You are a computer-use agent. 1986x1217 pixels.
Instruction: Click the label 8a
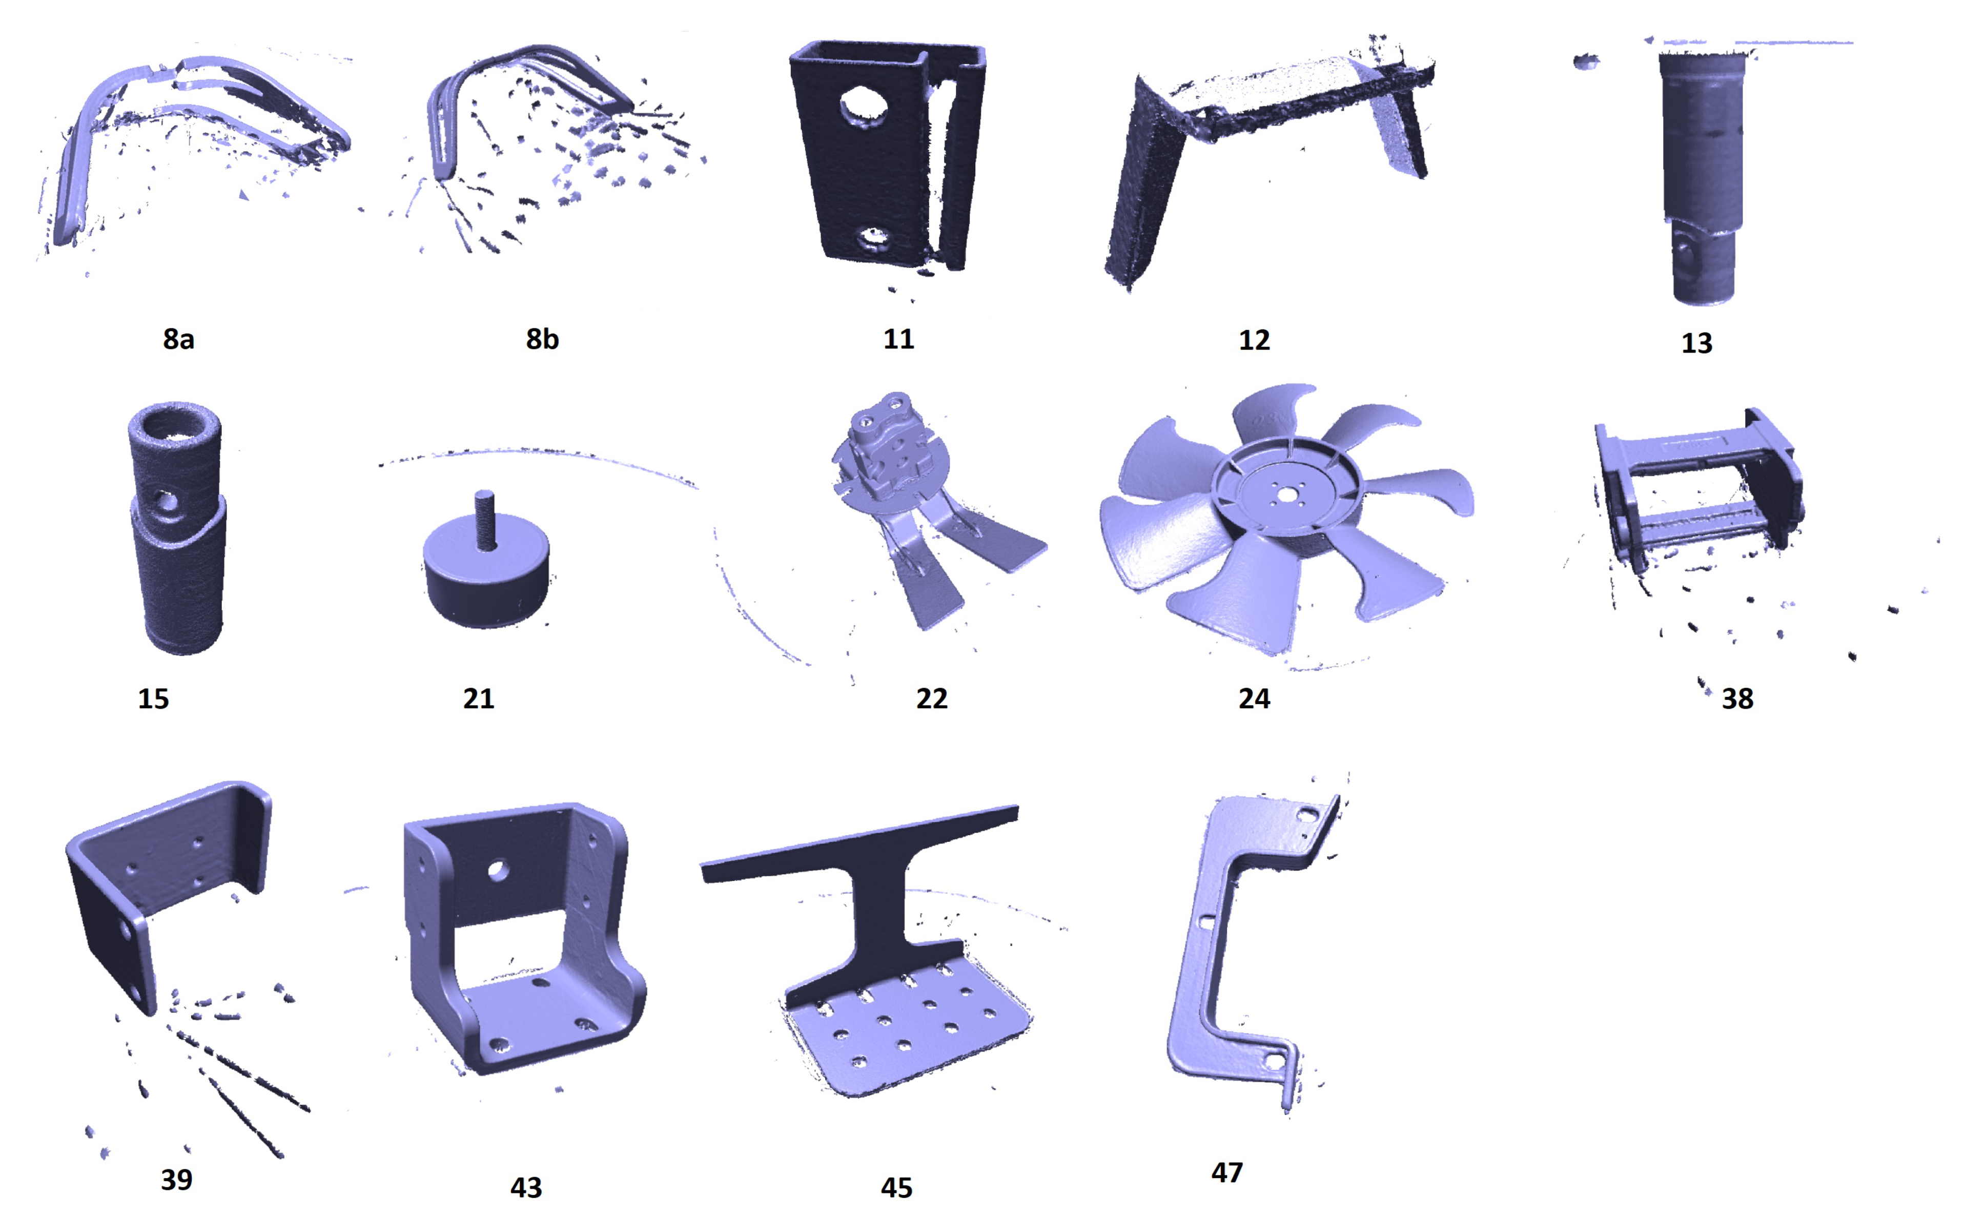point(178,339)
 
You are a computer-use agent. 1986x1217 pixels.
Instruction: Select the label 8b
point(542,339)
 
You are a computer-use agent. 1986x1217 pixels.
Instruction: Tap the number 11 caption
point(899,339)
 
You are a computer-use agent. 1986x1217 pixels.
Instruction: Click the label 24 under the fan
point(1254,698)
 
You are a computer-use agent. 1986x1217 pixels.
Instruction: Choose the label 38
point(1738,698)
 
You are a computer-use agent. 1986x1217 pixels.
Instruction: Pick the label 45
point(896,1187)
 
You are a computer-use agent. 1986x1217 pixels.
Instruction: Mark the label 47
point(1227,1172)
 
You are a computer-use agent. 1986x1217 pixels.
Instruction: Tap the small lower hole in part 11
point(872,238)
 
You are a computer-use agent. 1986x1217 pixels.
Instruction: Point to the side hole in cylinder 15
point(167,503)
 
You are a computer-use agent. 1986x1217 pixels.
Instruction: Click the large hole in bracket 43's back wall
point(497,871)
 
